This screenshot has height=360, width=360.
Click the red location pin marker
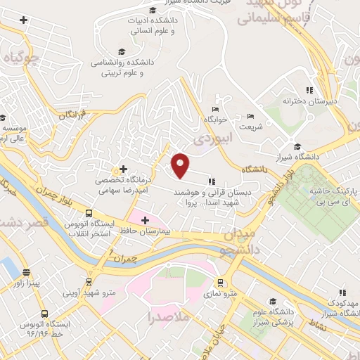[x=181, y=165]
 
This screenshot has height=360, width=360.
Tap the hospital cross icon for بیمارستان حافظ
[x=145, y=220]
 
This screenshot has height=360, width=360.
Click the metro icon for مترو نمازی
[x=221, y=282]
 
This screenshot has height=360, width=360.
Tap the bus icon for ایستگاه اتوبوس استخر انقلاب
[x=89, y=214]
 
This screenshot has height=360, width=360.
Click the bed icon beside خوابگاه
[x=215, y=108]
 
